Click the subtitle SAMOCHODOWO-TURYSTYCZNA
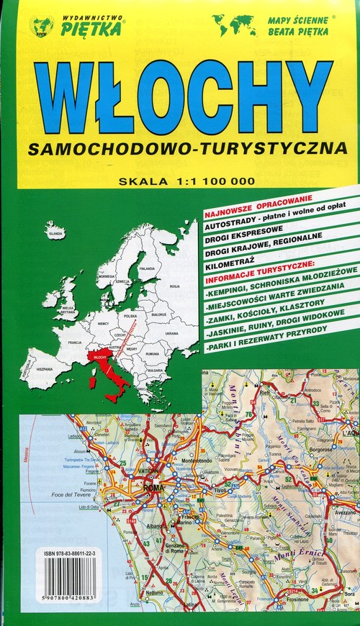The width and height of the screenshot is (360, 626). (184, 148)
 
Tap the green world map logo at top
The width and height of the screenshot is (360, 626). (233, 26)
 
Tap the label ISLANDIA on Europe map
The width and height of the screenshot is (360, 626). (55, 234)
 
